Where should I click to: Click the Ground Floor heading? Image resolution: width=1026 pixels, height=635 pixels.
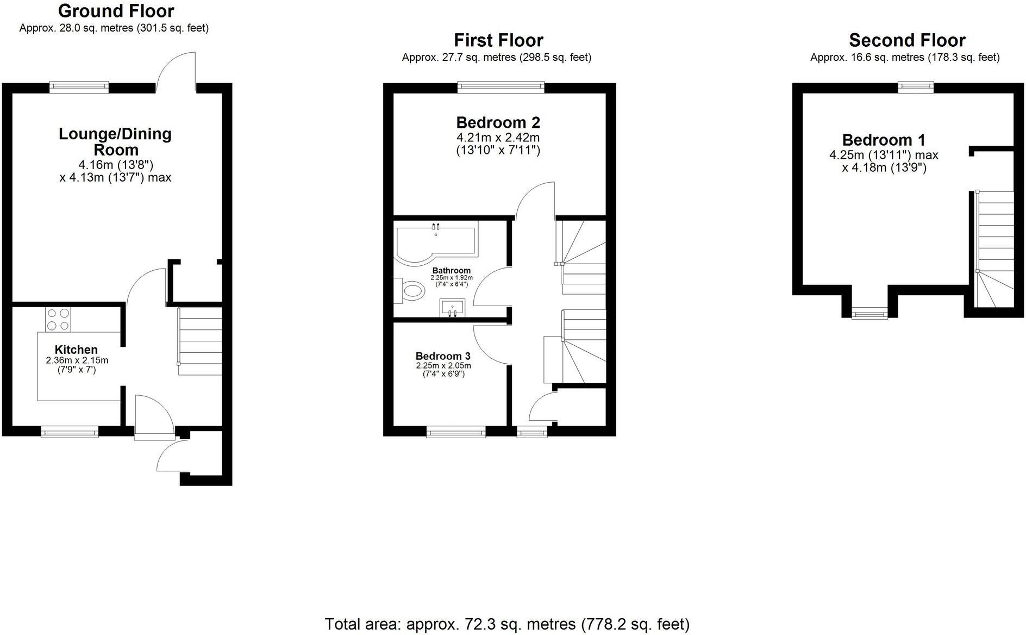pos(116,11)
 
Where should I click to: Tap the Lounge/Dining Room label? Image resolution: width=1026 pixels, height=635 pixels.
pos(115,141)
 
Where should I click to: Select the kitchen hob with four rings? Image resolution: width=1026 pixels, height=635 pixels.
pos(58,319)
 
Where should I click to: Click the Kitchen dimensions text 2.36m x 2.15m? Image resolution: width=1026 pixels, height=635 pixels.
pos(77,360)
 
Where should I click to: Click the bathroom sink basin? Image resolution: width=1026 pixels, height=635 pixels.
pos(452,307)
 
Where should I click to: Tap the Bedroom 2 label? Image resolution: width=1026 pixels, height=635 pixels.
pos(498,122)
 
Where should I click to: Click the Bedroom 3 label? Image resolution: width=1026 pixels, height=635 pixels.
pos(443,357)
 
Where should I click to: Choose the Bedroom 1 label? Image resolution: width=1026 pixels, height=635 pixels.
pos(884,140)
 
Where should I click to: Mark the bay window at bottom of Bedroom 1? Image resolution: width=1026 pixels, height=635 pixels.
pos(869,314)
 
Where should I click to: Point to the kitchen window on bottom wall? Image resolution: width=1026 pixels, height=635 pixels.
pos(70,433)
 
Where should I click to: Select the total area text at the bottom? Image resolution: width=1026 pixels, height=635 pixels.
pos(507,624)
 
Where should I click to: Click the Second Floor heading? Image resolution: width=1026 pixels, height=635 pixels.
pos(907,40)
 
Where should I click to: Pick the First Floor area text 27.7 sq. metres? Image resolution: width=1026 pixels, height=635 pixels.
pos(496,57)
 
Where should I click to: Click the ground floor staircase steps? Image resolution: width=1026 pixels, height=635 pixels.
pos(200,341)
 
